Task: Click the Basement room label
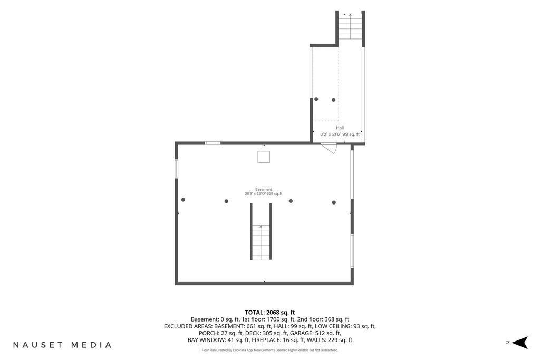[x=264, y=189]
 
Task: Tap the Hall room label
[x=340, y=128]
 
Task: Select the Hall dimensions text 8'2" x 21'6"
[x=331, y=134]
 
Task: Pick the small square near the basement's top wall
[x=264, y=157]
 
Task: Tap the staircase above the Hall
[x=350, y=26]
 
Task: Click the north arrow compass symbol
[x=520, y=343]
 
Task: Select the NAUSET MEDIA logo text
[x=62, y=345]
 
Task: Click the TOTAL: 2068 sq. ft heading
[x=270, y=313]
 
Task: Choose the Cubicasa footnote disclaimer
[x=270, y=351]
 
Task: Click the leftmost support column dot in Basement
[x=183, y=200]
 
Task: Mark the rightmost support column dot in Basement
[x=334, y=202]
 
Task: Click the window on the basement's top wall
[x=213, y=143]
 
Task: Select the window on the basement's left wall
[x=176, y=169]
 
